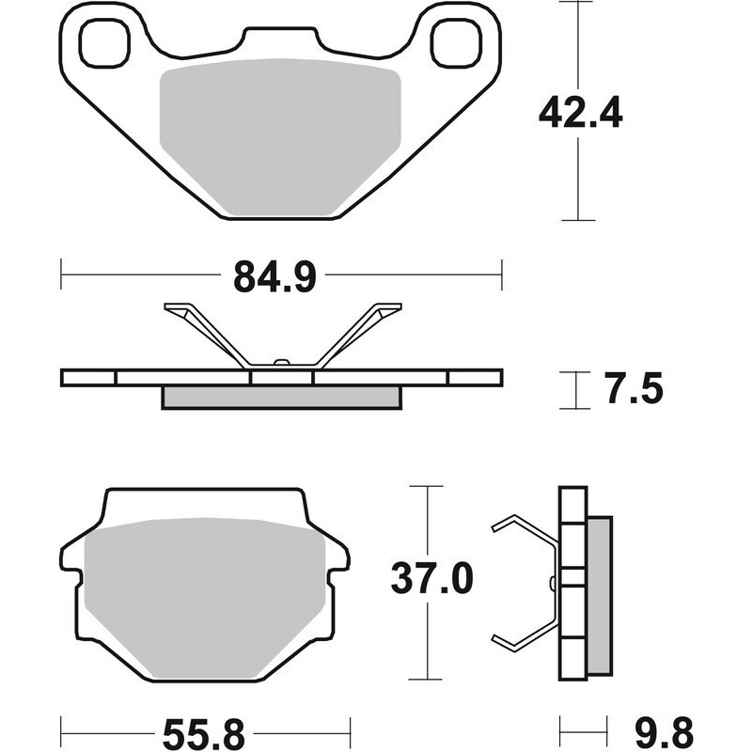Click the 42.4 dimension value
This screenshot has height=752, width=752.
[580, 113]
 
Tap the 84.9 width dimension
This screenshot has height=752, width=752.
[274, 277]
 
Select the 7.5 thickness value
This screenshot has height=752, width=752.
[634, 389]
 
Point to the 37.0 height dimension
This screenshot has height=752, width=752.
[431, 578]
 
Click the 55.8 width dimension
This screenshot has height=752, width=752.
[204, 733]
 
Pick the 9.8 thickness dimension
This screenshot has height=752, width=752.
[664, 733]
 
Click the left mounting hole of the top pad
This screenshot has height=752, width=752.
[104, 42]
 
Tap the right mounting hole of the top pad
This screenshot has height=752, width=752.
[455, 42]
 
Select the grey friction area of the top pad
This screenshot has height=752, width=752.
[280, 136]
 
